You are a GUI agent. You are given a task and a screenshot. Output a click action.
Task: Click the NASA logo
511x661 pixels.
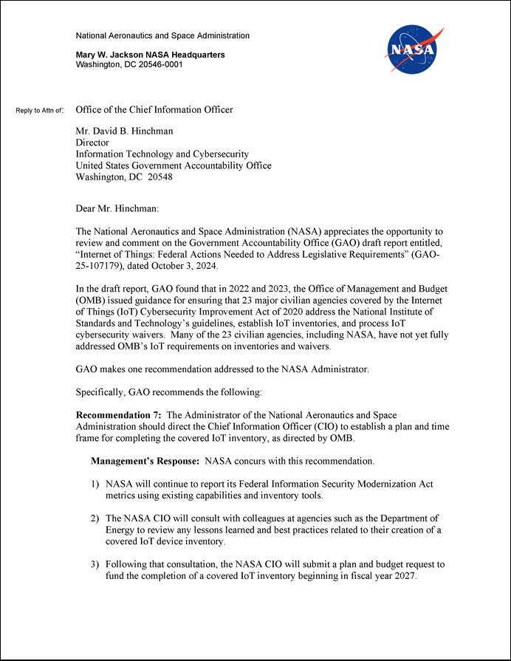click(x=413, y=49)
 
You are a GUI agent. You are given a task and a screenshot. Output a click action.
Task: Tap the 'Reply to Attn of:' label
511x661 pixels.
click(x=40, y=111)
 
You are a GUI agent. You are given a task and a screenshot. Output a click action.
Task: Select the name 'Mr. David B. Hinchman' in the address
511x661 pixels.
click(x=125, y=131)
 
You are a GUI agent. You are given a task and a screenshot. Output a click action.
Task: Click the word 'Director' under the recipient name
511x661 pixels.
click(x=92, y=143)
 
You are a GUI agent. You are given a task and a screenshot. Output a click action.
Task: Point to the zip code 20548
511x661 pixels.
click(x=160, y=177)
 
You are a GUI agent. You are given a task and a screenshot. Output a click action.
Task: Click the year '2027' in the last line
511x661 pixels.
click(x=403, y=576)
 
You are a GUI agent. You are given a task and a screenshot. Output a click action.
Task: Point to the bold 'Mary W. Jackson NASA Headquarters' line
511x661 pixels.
click(x=151, y=55)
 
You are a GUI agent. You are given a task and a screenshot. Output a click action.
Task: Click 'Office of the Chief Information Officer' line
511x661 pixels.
click(x=154, y=110)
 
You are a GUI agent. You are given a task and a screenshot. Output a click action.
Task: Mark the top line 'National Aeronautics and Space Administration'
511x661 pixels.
click(x=162, y=35)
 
